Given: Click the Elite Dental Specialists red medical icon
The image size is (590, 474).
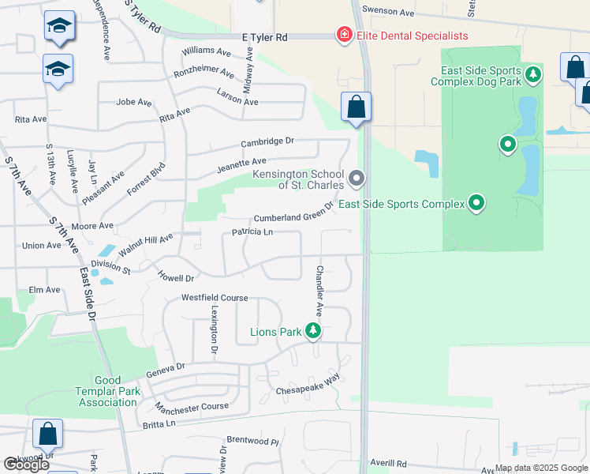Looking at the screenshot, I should coord(344,36).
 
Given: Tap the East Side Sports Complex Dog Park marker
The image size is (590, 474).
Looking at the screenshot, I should coord(534,75).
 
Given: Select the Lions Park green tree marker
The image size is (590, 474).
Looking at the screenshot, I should coord(314,331).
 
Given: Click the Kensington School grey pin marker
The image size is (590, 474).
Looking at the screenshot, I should coord(357,179).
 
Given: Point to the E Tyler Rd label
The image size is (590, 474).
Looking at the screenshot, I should coord(265,37).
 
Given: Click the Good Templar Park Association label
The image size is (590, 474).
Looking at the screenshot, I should coord(107,391).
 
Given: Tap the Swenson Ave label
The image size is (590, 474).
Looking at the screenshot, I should coord(387,13).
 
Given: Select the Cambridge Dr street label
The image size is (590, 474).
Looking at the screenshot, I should coord(267,142).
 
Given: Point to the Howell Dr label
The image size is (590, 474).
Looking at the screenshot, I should coord(176,278).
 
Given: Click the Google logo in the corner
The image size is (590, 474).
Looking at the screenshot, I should coord(26,465).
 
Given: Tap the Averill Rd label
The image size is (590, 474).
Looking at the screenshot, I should coord(390,464).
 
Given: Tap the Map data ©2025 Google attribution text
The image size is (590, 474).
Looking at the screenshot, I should coord(540,468).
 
